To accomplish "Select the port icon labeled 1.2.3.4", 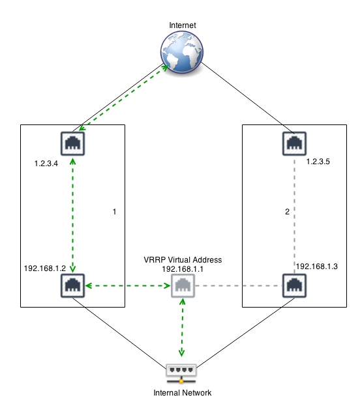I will pyautogui.click(x=72, y=143).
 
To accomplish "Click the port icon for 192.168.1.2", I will pyautogui.click(x=72, y=285).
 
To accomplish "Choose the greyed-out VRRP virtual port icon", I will pyautogui.click(x=183, y=285).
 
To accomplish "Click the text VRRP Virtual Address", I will pyautogui.click(x=183, y=259).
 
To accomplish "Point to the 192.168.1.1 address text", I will pyautogui.click(x=183, y=268).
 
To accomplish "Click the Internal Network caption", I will pyautogui.click(x=182, y=393).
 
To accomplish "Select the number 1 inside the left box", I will pyautogui.click(x=114, y=212).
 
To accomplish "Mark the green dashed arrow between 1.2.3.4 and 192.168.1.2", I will pyautogui.click(x=72, y=215).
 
